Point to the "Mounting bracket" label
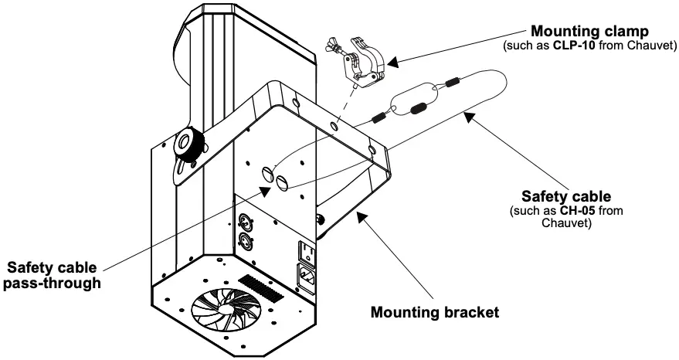[435, 313]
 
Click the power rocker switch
[306, 253]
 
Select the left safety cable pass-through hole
[268, 175]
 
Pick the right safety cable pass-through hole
[281, 183]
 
